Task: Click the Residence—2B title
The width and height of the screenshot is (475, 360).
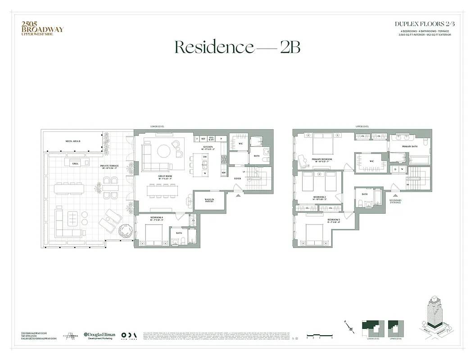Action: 237,47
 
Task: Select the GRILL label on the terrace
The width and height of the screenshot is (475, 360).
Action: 75,164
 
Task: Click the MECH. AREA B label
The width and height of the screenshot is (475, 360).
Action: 73,141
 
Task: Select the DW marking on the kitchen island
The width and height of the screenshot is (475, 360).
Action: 205,157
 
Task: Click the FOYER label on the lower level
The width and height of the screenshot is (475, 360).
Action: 237,178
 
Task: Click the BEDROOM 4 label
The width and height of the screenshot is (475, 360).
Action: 156,218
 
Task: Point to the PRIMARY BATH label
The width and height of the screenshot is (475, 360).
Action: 409,146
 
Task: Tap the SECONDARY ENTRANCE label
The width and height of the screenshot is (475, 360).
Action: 395,202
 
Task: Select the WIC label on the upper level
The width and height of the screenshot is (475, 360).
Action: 371,161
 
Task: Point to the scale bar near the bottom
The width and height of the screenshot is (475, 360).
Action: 319,334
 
